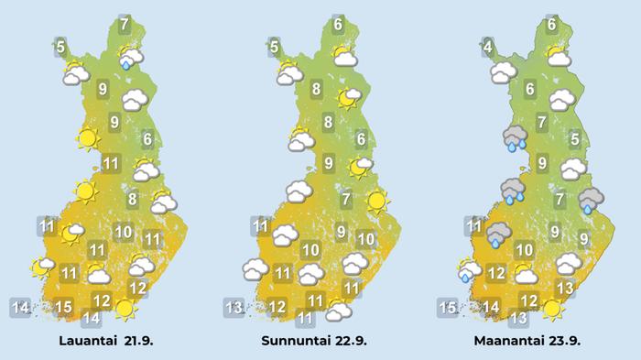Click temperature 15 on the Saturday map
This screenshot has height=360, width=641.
(x=63, y=307)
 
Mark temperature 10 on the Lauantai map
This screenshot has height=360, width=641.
(x=124, y=233)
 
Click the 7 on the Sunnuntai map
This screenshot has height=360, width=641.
(x=346, y=201)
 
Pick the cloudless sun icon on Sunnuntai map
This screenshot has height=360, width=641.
(x=376, y=200)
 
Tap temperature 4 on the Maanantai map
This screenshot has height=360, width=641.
(x=488, y=46)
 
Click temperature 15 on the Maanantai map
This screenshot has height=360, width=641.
(x=447, y=307)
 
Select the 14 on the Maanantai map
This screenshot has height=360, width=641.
(x=492, y=307)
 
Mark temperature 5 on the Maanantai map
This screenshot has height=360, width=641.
(x=574, y=139)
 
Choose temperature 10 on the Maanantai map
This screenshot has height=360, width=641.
(x=525, y=250)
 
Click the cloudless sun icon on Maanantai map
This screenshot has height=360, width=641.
(x=551, y=310)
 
